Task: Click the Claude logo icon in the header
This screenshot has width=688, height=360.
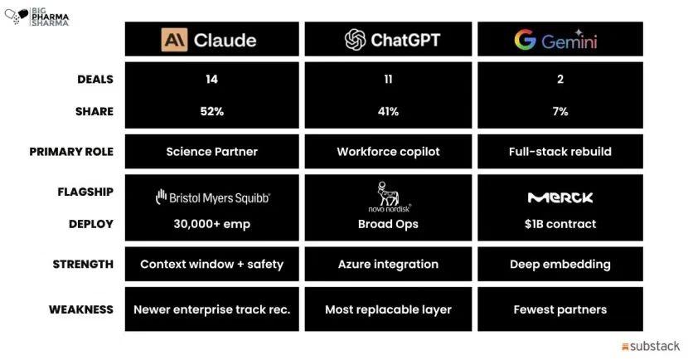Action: [174, 40]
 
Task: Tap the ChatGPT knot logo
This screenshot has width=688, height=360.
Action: [355, 40]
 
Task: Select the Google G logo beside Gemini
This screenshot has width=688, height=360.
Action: [526, 40]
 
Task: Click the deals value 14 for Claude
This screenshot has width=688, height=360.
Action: [211, 79]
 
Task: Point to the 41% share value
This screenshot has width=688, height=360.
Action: [388, 111]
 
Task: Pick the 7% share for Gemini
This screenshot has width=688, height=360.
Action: [560, 111]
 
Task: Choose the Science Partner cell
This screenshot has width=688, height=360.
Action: [212, 152]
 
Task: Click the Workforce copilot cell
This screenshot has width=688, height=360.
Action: [388, 152]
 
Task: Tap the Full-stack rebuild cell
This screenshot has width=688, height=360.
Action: [560, 152]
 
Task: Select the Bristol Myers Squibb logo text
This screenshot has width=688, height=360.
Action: [213, 197]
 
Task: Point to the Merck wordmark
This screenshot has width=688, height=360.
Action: [560, 197]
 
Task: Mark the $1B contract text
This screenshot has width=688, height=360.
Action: [560, 224]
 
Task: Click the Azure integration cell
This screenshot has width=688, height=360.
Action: [388, 265]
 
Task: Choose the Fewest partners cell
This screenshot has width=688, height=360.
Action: [560, 309]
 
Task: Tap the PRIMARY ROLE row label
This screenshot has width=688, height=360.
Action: [71, 152]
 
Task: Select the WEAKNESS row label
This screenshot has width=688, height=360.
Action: [81, 309]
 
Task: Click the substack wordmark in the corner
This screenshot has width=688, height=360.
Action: [651, 347]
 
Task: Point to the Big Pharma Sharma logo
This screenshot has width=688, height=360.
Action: [36, 17]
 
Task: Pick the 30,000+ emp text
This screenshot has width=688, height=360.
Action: [212, 224]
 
